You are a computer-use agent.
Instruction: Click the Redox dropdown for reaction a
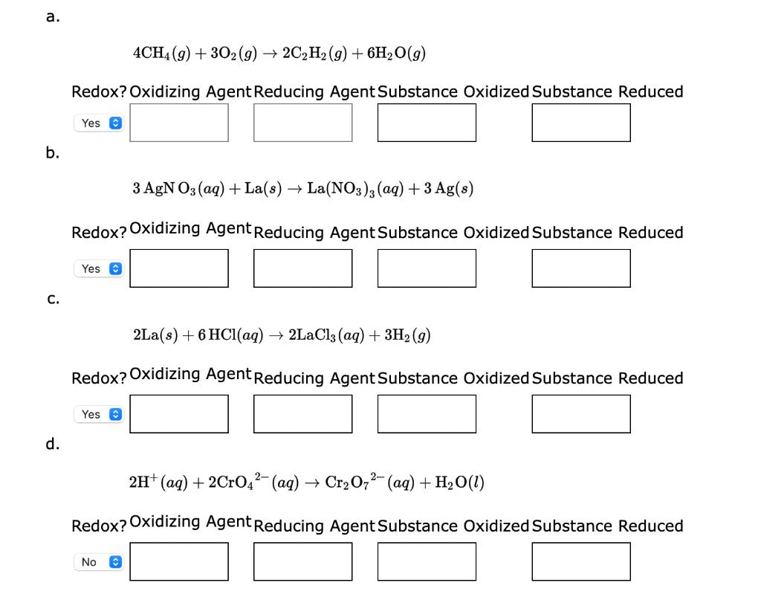click(x=98, y=123)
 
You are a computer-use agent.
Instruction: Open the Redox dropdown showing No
click(x=98, y=562)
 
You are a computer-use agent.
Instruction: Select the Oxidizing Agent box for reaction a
click(x=179, y=123)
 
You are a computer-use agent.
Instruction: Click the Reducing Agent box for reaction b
click(x=302, y=268)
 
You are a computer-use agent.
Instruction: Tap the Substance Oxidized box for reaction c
click(x=427, y=413)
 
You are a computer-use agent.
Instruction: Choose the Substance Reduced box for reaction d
click(x=581, y=561)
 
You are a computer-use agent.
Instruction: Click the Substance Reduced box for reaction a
click(x=581, y=123)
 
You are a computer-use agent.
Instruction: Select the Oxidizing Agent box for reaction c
click(x=179, y=413)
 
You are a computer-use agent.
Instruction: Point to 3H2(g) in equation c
click(x=407, y=335)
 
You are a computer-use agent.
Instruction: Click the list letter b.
click(x=51, y=153)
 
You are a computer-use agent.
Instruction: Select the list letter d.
click(x=51, y=445)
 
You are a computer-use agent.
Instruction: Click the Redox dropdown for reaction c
click(x=98, y=414)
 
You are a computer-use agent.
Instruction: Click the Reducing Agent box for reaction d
click(x=302, y=561)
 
